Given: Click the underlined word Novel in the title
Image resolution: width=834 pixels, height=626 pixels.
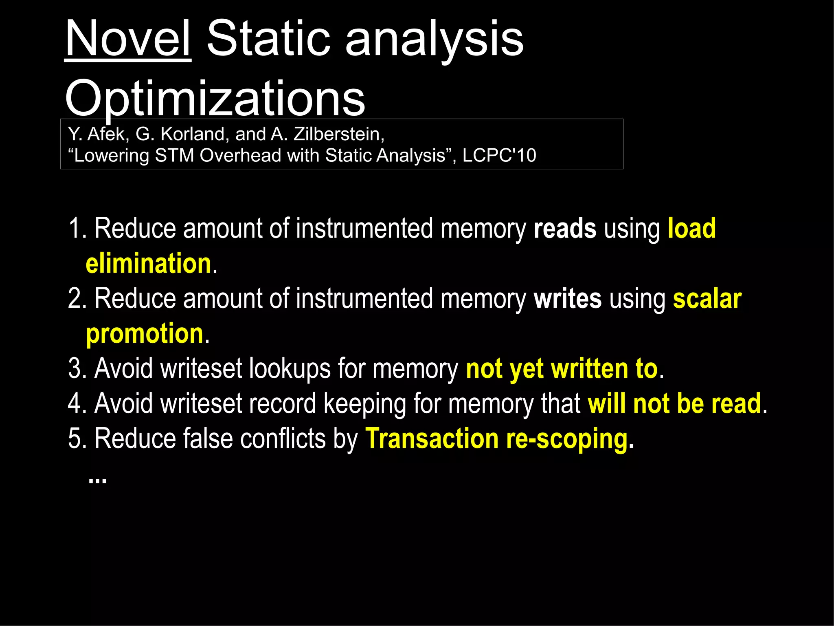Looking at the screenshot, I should click(128, 39).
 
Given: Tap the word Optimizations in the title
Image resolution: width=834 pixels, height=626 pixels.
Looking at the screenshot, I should click(215, 98).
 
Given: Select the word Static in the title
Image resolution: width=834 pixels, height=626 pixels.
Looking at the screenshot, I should click(268, 39).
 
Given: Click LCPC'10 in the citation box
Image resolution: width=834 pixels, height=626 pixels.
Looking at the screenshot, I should click(499, 155).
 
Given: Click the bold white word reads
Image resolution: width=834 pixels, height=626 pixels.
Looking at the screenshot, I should click(565, 228).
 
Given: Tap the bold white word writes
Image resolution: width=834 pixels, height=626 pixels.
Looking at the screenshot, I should click(567, 299).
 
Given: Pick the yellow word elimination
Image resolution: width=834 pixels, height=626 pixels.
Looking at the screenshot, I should click(149, 263).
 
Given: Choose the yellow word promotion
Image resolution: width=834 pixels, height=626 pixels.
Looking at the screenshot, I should click(145, 334).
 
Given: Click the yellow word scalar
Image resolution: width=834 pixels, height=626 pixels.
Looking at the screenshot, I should click(707, 299).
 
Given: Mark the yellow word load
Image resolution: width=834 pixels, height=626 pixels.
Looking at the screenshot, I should click(691, 228).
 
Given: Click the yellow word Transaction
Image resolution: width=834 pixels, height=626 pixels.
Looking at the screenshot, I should click(432, 439).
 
